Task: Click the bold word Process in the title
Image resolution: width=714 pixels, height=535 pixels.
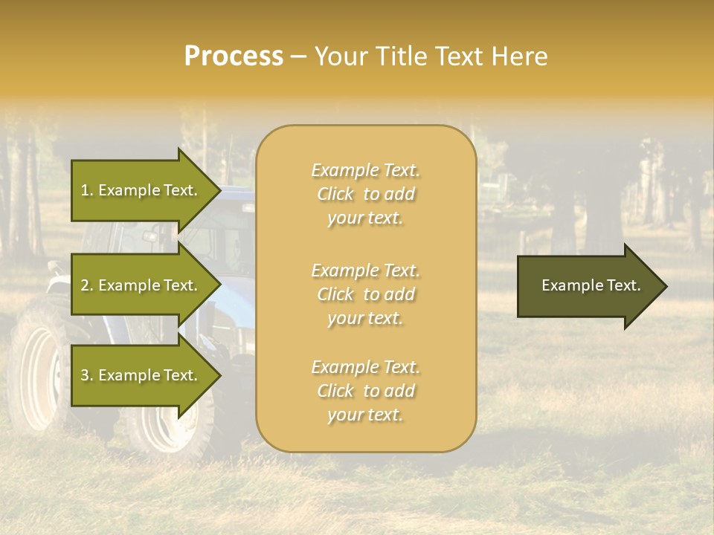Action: click(x=234, y=56)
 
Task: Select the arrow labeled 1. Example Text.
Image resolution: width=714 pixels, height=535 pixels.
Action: click(x=140, y=190)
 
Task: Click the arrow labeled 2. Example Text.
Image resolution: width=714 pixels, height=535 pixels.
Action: click(x=140, y=285)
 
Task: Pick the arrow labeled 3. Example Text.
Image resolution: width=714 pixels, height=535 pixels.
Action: click(x=140, y=375)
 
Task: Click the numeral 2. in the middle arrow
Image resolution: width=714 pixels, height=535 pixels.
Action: click(x=87, y=285)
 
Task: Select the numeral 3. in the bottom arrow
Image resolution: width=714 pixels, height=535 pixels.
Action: click(x=87, y=375)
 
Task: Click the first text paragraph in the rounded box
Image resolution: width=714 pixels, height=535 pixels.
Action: click(x=366, y=194)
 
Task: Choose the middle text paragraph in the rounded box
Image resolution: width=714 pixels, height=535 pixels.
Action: click(x=366, y=294)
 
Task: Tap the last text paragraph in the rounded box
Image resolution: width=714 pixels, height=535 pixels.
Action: click(x=366, y=391)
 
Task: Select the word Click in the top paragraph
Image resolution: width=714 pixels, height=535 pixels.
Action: click(x=335, y=194)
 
